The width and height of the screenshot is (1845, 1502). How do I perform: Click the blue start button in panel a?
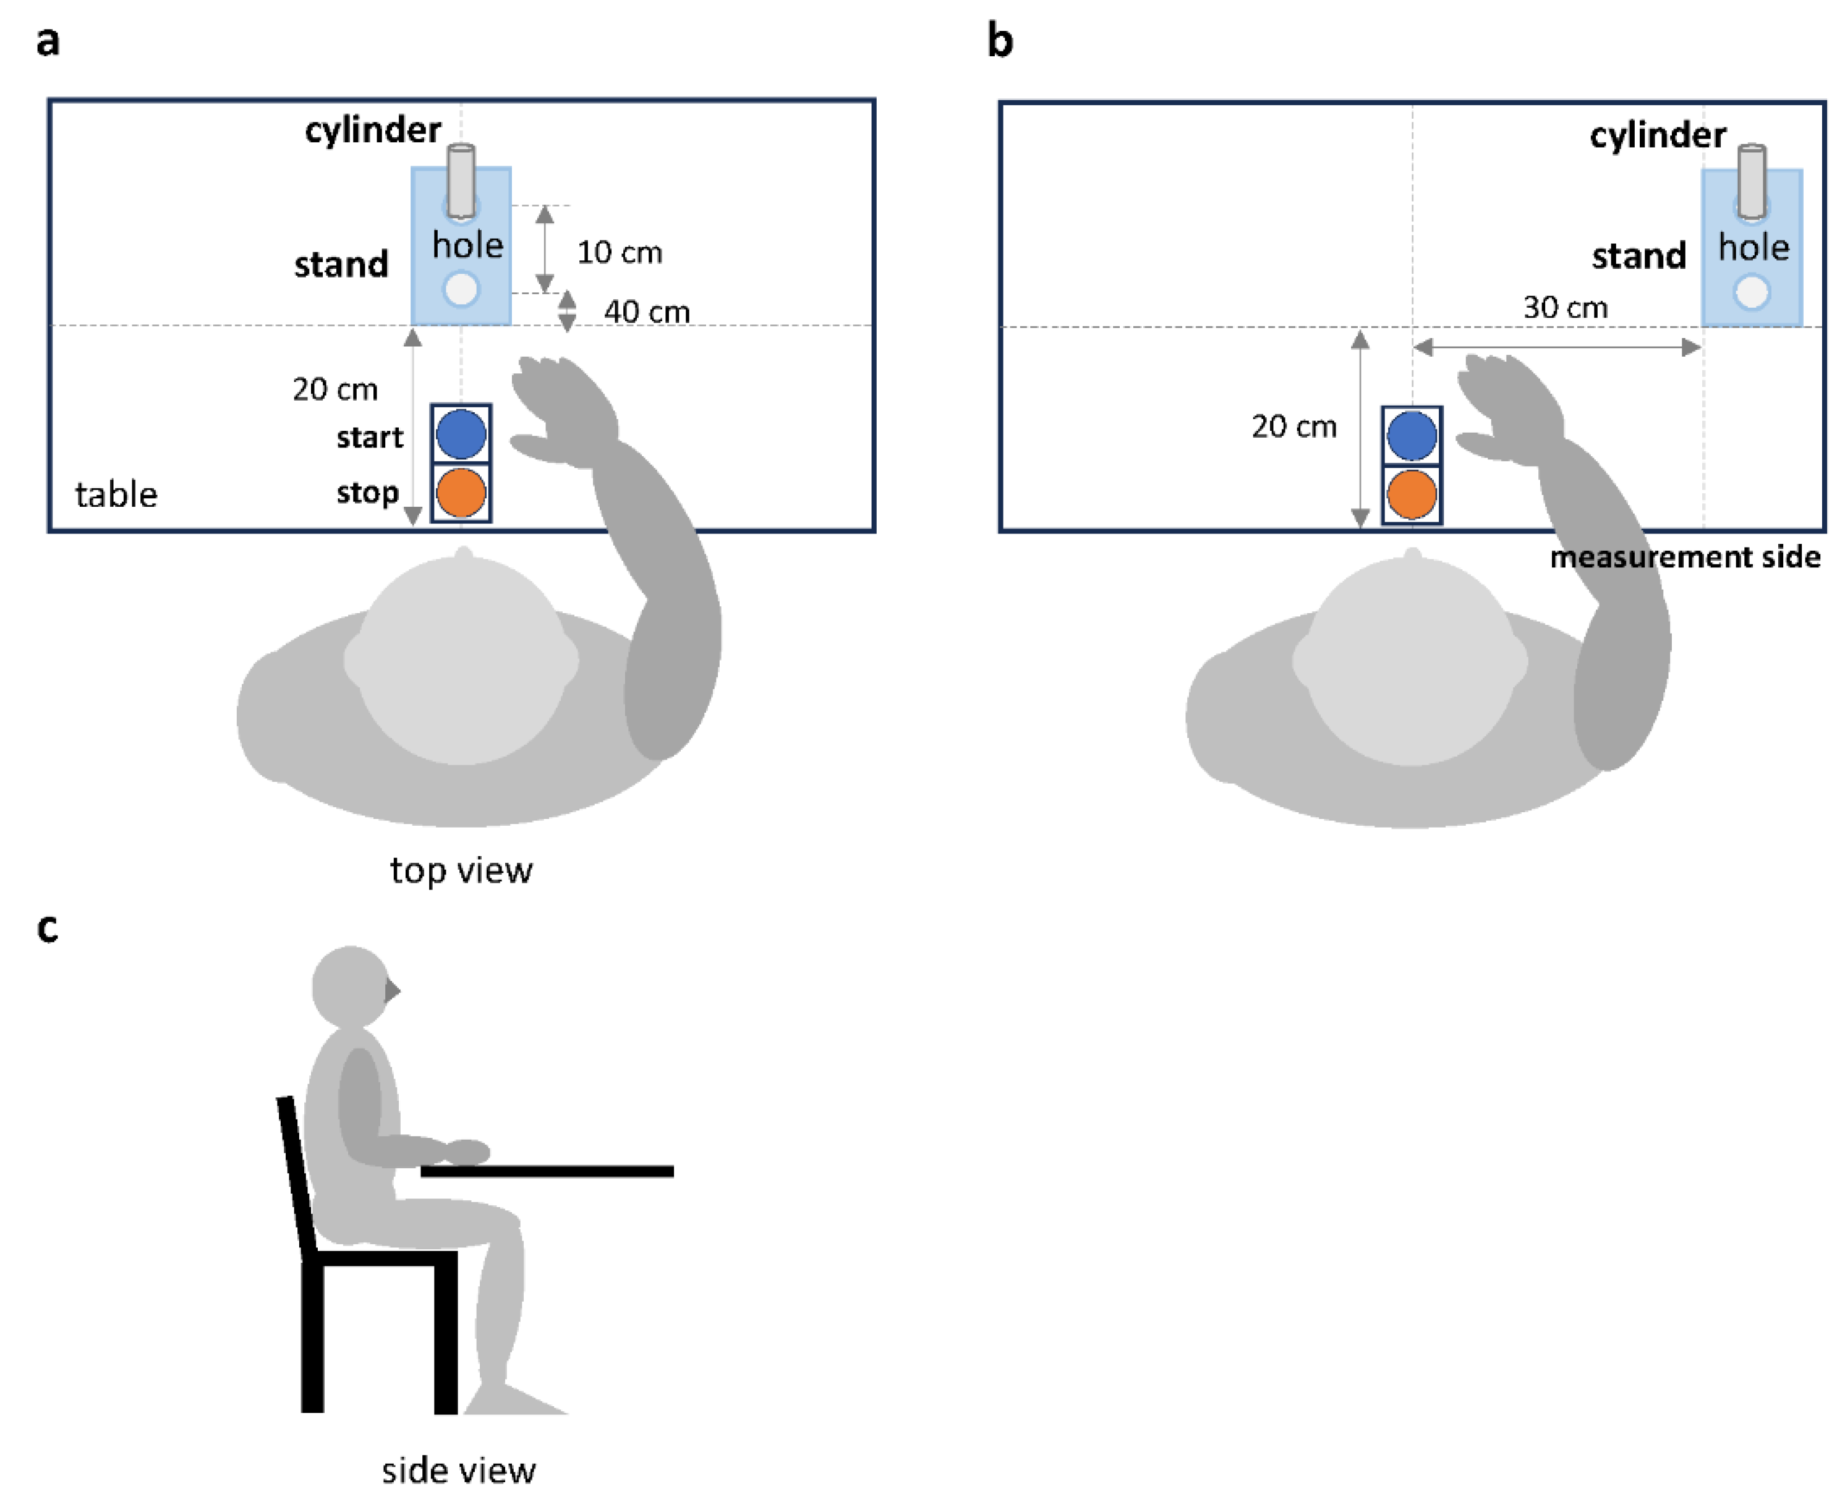(x=461, y=435)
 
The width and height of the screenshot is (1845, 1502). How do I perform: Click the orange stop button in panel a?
(x=461, y=492)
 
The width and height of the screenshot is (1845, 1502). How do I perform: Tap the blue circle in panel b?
(x=1412, y=436)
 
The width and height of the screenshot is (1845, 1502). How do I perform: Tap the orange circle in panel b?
(x=1412, y=494)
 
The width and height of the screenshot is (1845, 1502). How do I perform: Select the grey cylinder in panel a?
(x=461, y=180)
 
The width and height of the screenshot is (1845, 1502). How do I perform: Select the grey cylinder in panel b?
(x=1752, y=181)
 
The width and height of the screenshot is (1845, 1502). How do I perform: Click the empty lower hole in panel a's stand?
(x=461, y=290)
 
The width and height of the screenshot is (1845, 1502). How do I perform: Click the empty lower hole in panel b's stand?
(x=1752, y=292)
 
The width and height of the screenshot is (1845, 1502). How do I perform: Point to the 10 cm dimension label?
(x=620, y=253)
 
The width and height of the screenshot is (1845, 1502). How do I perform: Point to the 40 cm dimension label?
(x=647, y=312)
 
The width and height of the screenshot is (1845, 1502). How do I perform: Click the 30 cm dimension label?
(x=1565, y=307)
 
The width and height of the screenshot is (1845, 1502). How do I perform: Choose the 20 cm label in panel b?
(x=1293, y=426)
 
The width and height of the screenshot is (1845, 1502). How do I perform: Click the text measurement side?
(x=1684, y=557)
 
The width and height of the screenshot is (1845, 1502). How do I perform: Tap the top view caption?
(x=461, y=870)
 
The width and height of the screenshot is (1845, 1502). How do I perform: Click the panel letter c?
(x=48, y=928)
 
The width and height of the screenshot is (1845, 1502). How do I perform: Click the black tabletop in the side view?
(x=547, y=1171)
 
